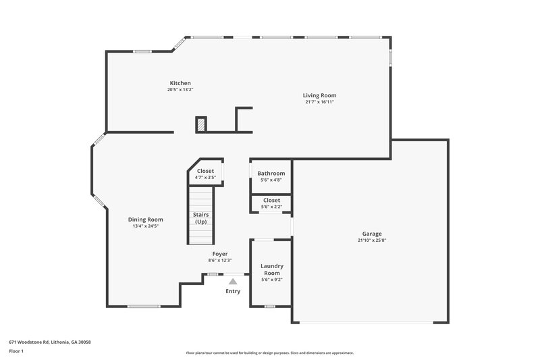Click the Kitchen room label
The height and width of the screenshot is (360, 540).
click(x=180, y=83)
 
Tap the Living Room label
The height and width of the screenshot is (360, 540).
click(x=319, y=95)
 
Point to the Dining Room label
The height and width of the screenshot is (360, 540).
click(x=146, y=219)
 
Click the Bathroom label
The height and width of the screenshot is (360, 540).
click(x=271, y=174)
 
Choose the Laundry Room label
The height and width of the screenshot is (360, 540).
click(x=272, y=269)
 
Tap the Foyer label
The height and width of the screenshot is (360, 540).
click(x=220, y=253)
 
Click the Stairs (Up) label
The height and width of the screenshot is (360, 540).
click(x=200, y=218)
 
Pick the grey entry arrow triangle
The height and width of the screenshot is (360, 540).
click(x=233, y=281)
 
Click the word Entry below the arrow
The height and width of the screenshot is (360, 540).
click(x=233, y=292)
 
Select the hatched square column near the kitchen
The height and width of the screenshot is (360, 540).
click(x=201, y=124)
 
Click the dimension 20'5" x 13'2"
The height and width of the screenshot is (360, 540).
click(x=180, y=90)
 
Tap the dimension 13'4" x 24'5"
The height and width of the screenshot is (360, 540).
click(x=146, y=226)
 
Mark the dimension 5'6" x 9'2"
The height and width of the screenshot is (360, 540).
click(x=271, y=279)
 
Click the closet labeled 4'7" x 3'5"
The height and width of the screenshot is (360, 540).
click(x=205, y=174)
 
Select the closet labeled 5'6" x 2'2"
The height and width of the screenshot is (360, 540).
click(x=271, y=203)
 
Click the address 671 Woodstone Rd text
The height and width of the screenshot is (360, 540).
click(x=49, y=342)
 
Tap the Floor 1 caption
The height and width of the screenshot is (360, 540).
click(x=17, y=352)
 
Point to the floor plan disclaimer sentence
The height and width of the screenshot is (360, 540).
click(x=269, y=353)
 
